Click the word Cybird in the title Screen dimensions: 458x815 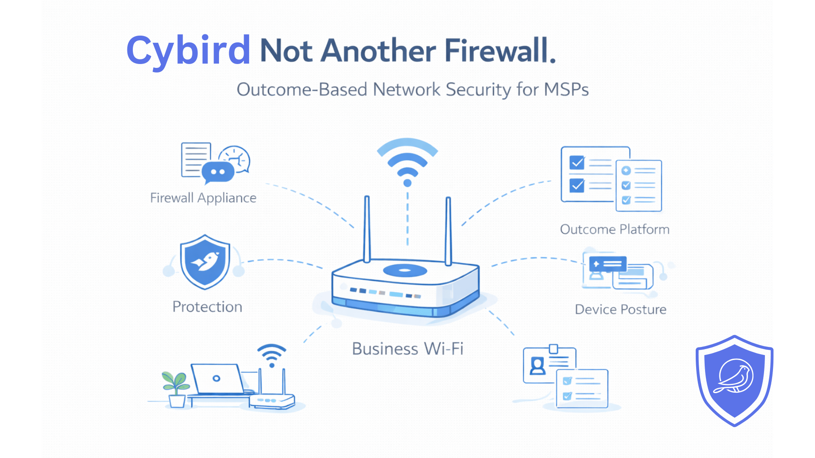[x=188, y=51]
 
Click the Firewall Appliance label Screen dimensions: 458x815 [x=203, y=198]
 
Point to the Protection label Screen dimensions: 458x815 [x=207, y=307]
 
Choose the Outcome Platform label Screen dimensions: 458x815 [x=614, y=229]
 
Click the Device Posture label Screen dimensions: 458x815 [x=620, y=310]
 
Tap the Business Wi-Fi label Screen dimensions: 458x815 [x=407, y=349]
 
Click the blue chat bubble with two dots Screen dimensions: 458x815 [x=218, y=172]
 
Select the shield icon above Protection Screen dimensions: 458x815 [x=205, y=262]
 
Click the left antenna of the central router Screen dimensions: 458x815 [x=367, y=229]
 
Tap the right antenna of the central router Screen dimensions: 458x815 [x=448, y=231]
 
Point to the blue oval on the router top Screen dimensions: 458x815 [x=405, y=270]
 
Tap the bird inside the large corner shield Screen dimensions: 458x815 [x=735, y=377]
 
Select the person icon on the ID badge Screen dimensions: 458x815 [x=537, y=366]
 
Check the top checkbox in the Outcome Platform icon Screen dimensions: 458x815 [x=577, y=162]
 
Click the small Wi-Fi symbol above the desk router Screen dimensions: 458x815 [x=272, y=355]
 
